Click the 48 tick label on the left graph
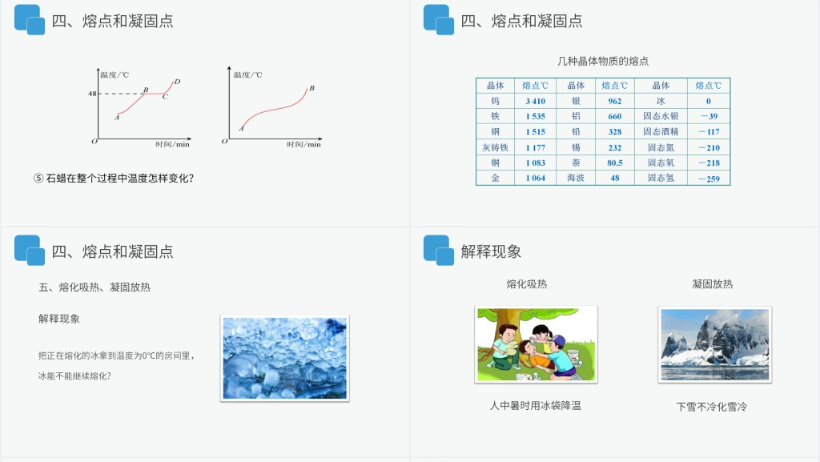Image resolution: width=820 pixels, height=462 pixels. (92, 94)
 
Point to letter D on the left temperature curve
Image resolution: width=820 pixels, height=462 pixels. (177, 82)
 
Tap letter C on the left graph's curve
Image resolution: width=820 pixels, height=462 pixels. (165, 98)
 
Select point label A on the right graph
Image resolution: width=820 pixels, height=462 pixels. (241, 128)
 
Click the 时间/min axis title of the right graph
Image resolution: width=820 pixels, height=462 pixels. (304, 145)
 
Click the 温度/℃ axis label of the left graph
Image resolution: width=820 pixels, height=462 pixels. (115, 74)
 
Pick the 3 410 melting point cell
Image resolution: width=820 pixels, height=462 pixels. (535, 101)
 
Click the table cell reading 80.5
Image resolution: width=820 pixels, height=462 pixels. (615, 163)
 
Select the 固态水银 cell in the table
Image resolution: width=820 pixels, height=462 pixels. (661, 116)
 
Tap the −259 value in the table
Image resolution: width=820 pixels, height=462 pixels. (709, 179)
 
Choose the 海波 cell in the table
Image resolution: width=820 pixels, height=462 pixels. (576, 178)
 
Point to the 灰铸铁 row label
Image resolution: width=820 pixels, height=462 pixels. (495, 147)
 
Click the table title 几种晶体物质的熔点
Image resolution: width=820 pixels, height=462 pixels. (603, 61)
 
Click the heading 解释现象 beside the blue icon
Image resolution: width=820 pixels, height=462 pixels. (491, 251)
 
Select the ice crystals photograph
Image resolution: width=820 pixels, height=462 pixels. (284, 358)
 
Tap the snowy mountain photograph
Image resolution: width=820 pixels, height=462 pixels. (714, 344)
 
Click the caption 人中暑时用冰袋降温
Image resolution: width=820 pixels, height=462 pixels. (535, 406)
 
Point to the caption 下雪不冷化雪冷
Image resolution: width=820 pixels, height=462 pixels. (711, 407)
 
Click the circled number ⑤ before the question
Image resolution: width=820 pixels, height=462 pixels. (38, 179)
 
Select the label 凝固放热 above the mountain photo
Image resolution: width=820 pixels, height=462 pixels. (712, 284)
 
